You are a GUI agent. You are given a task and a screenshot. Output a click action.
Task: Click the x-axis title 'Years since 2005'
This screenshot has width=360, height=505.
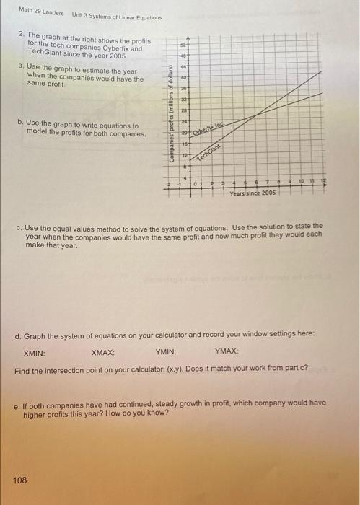[x=253, y=193]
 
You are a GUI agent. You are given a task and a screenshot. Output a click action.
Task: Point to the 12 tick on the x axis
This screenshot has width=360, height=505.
[x=323, y=183]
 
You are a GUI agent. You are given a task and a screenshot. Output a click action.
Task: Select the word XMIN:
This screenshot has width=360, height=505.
[x=35, y=353]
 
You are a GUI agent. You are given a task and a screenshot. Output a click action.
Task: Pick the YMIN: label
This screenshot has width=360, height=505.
[x=166, y=353]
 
